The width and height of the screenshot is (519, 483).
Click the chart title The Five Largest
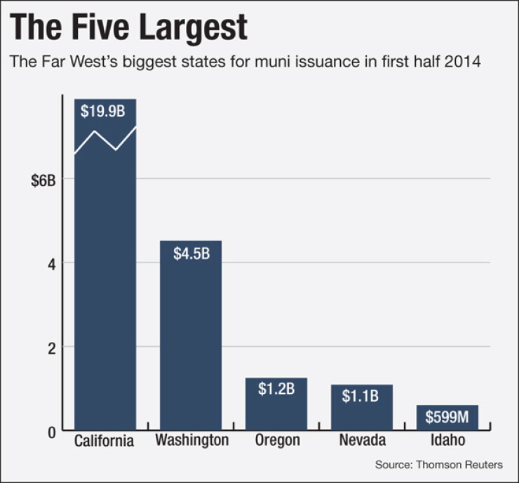128,28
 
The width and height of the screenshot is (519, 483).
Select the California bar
105,265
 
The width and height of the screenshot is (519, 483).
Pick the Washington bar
191,336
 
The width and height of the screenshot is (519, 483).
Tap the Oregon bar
276,404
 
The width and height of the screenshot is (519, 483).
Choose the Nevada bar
362,407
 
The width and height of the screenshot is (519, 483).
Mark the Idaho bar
447,418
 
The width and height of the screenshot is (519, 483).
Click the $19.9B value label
103,111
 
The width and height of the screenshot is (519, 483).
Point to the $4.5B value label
191,253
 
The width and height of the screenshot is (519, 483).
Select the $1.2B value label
276,389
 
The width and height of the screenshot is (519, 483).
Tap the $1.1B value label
360,396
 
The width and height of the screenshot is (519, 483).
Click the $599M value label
447,417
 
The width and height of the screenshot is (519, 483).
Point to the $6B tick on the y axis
43,181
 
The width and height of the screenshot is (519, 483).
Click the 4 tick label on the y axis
52,265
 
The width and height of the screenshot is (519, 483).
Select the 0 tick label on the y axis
52,432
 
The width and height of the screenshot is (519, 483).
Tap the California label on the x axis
104,441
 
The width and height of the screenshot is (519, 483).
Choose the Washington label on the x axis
192,441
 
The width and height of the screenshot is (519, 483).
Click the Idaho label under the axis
448,440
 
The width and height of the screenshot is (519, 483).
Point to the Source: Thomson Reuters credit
439,465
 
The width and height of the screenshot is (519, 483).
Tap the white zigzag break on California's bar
105,141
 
